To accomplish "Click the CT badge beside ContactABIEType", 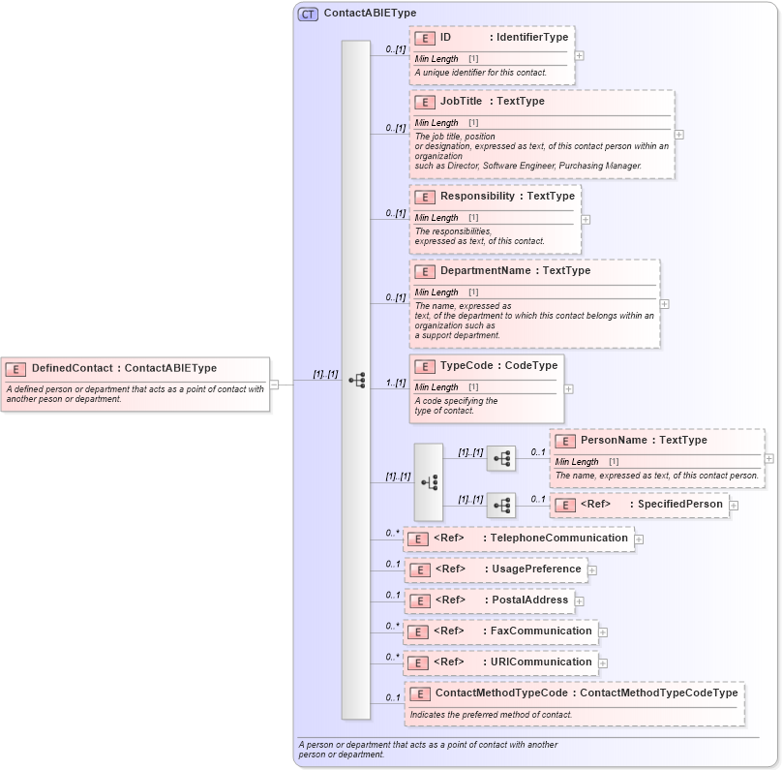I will [308, 14].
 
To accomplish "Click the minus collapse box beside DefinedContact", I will [274, 384].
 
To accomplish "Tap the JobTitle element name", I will [461, 101].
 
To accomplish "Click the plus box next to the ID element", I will [579, 55].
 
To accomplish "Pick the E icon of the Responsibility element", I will [424, 197].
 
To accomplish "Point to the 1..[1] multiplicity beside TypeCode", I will [395, 383].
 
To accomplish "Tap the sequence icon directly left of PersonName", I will [500, 458].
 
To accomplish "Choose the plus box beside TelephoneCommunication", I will [639, 539].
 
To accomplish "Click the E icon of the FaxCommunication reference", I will [418, 632].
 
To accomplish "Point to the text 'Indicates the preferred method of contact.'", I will [491, 715].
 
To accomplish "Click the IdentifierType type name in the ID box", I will [532, 37].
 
